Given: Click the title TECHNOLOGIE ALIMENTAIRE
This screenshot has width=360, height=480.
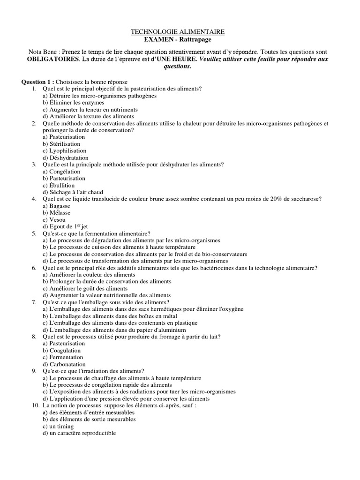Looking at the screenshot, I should [177, 32].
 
